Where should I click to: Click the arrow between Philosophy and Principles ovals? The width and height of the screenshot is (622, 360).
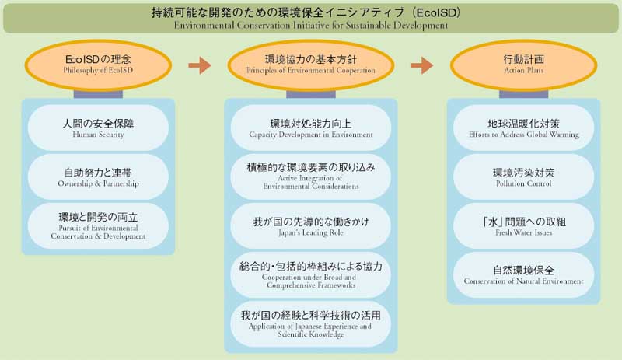pos(200,65)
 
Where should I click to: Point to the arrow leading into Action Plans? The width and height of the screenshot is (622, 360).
pos(421,65)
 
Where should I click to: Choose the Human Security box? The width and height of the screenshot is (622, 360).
pos(97,128)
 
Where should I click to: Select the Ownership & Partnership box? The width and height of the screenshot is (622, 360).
pos(97,177)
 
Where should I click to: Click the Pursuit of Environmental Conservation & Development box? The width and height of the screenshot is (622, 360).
pos(97,226)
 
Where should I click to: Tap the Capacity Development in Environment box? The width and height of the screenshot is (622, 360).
pos(311,128)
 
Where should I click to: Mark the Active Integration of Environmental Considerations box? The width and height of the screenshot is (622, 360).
pos(311,177)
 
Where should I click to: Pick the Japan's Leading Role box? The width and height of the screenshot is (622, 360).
pos(311,226)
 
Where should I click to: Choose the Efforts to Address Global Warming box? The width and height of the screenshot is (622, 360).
pos(524,128)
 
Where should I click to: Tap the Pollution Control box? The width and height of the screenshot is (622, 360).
pos(524,177)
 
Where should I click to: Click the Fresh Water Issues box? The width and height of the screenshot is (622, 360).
pos(524,226)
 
